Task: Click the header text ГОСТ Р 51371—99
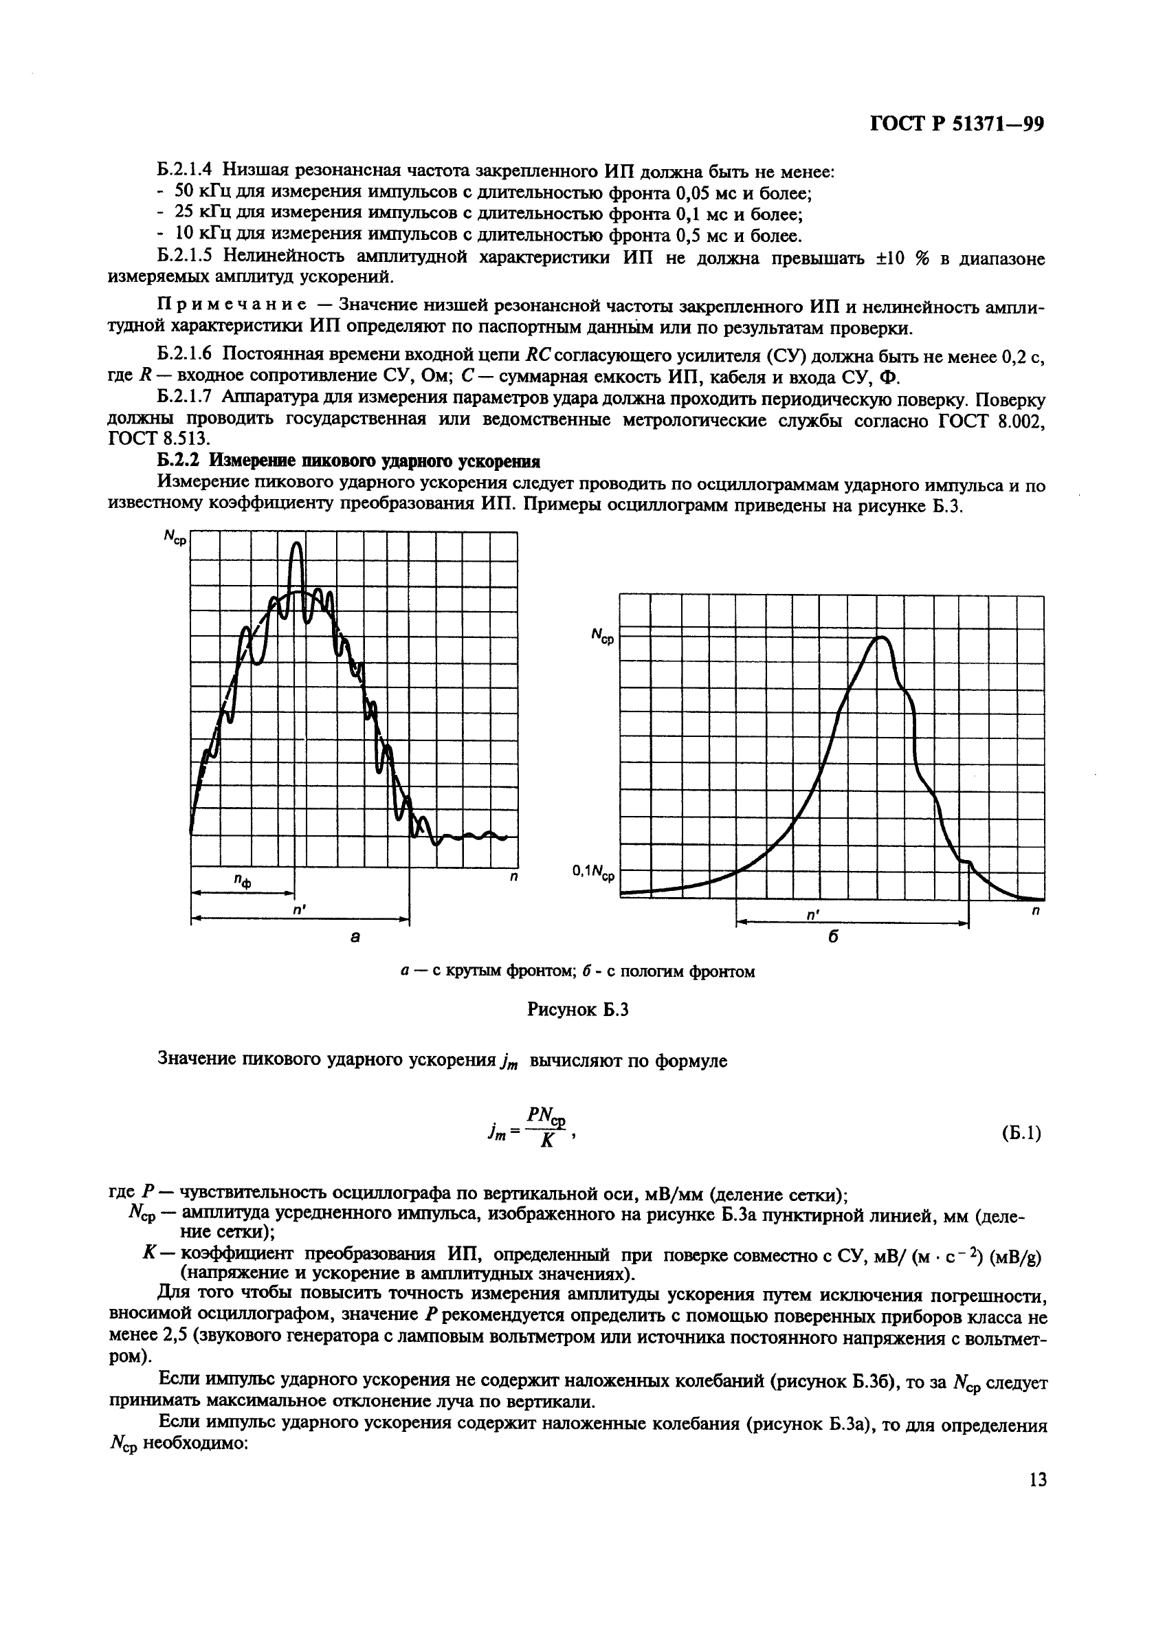click(x=957, y=125)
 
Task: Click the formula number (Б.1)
click(x=1021, y=1133)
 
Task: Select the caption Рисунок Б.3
click(x=578, y=1009)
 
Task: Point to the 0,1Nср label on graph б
click(x=593, y=872)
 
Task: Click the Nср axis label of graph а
click(x=175, y=538)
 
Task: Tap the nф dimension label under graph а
click(x=243, y=881)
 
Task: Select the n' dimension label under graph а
click(x=298, y=909)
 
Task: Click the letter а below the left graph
click(x=355, y=938)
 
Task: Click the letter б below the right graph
click(x=834, y=938)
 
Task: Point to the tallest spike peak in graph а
click(x=297, y=544)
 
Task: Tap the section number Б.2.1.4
click(x=186, y=170)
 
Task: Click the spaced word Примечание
click(x=232, y=306)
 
